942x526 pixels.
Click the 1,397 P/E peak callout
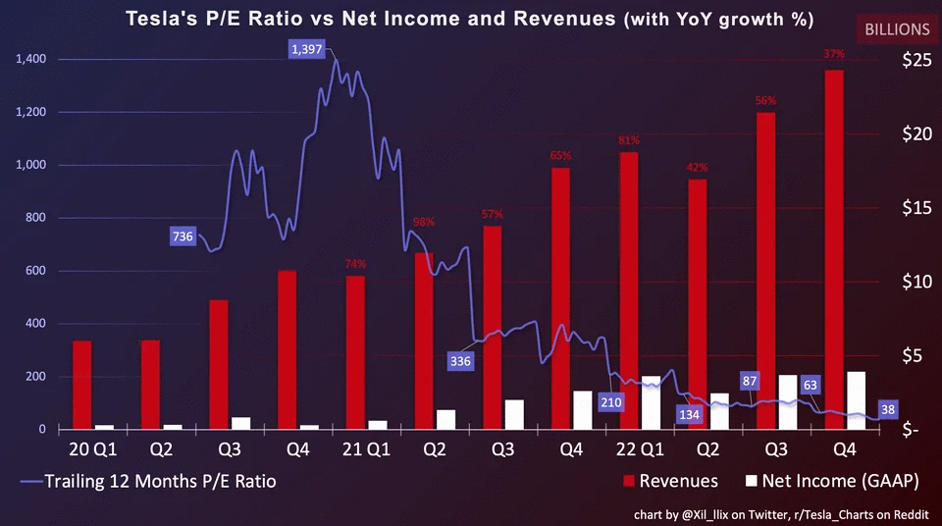click(x=306, y=49)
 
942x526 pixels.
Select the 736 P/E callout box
click(x=183, y=236)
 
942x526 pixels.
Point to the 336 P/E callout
click(x=460, y=361)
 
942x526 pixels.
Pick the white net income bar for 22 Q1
click(x=651, y=402)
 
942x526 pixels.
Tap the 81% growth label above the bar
click(x=629, y=140)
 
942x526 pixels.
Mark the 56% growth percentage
click(x=765, y=100)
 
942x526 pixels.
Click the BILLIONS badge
click(x=897, y=29)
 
